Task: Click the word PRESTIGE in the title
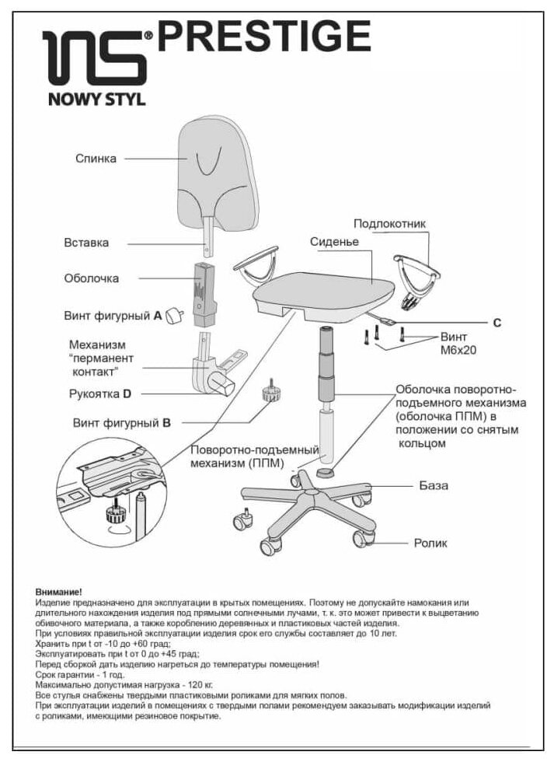pyautogui.click(x=264, y=36)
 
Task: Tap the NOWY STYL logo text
pyautogui.click(x=92, y=99)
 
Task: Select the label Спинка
pyautogui.click(x=96, y=159)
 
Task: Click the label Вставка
pyautogui.click(x=86, y=243)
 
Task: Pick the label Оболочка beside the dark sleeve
pyautogui.click(x=91, y=278)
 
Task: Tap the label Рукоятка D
pyautogui.click(x=100, y=394)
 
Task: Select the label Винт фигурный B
pyautogui.click(x=120, y=423)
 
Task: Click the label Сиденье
pyautogui.click(x=333, y=242)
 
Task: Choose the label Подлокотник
pyautogui.click(x=389, y=224)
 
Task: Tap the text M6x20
pyautogui.click(x=458, y=351)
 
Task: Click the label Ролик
pyautogui.click(x=430, y=543)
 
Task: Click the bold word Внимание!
pyautogui.click(x=58, y=592)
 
